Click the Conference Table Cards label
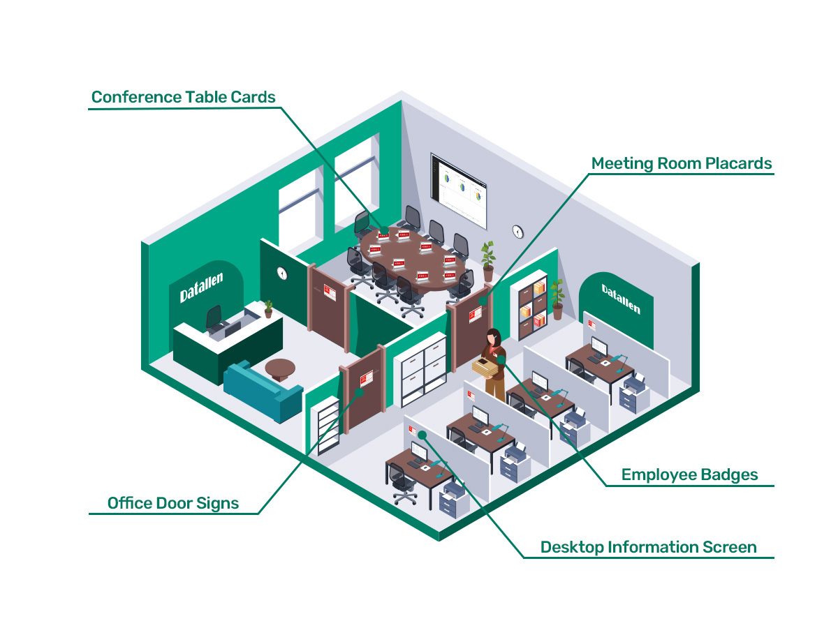pyautogui.click(x=184, y=96)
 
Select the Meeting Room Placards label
pyautogui.click(x=682, y=163)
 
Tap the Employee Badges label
pyautogui.click(x=689, y=475)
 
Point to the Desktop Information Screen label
pyautogui.click(x=648, y=547)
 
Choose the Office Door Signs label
pyautogui.click(x=173, y=503)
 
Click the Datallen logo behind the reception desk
pyautogui.click(x=202, y=287)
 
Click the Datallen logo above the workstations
pyautogui.click(x=621, y=299)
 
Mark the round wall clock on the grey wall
pyautogui.click(x=517, y=231)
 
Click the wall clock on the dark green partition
pyautogui.click(x=282, y=273)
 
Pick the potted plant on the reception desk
pyautogui.click(x=268, y=308)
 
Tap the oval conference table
pyautogui.click(x=412, y=258)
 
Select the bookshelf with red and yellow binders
pyautogui.click(x=532, y=305)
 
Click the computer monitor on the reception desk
pyautogui.click(x=214, y=318)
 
